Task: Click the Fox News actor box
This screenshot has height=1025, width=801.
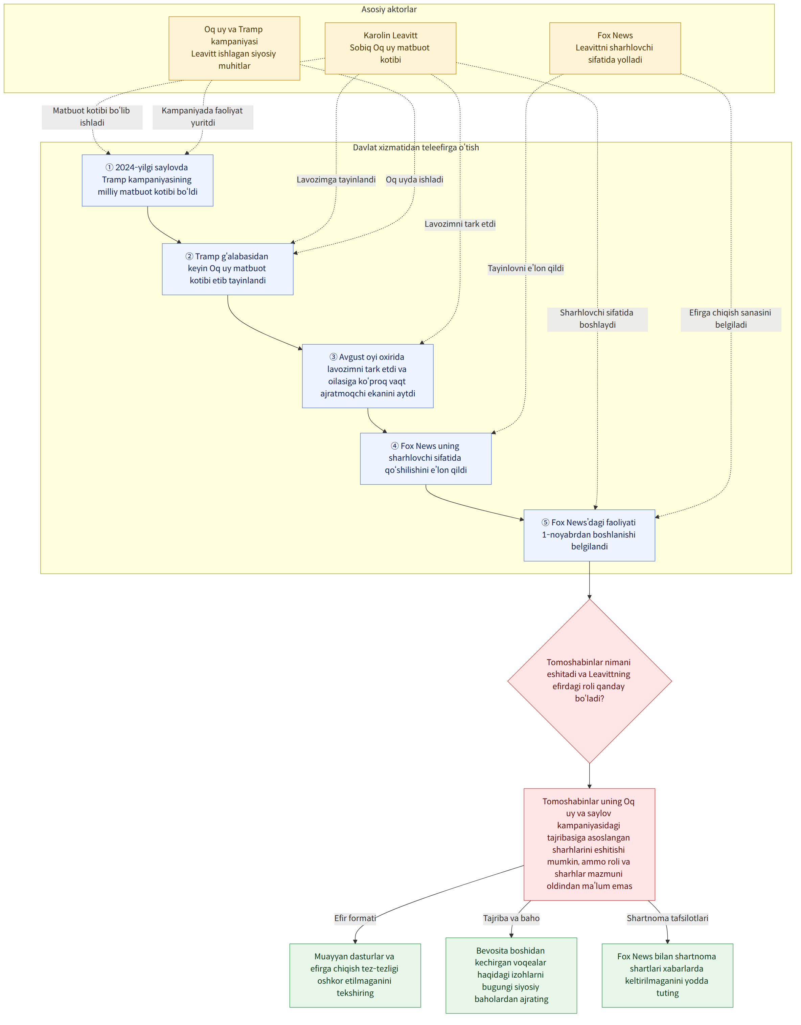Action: (615, 48)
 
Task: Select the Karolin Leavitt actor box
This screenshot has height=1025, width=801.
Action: (390, 48)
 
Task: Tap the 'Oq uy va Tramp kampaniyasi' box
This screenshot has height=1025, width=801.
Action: (234, 48)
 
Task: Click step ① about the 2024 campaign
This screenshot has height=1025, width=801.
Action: (147, 180)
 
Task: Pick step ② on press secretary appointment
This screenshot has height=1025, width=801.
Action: (227, 269)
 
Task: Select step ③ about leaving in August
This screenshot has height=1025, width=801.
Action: (368, 376)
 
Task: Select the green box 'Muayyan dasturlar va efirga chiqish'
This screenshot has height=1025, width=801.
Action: (355, 975)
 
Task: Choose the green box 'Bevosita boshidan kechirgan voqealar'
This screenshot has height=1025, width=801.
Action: (511, 975)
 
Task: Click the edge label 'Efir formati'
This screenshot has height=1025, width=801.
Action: (355, 918)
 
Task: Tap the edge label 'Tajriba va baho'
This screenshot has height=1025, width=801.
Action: (511, 918)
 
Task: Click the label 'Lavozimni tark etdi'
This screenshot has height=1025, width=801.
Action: (460, 224)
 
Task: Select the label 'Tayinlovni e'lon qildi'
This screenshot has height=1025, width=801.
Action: (526, 268)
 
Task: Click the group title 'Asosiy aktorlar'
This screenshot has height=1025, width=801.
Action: (389, 9)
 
